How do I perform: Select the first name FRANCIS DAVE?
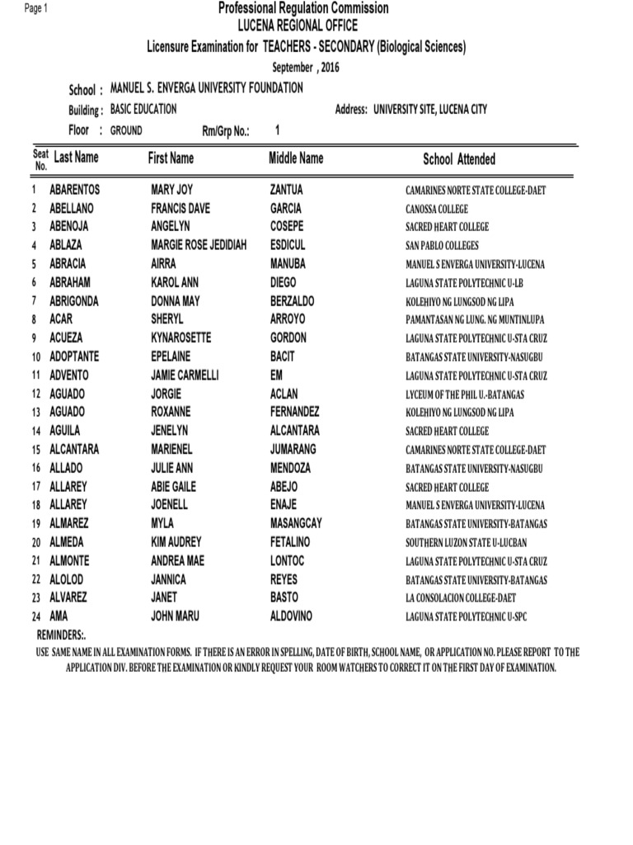[181, 209]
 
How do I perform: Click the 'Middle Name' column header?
[296, 158]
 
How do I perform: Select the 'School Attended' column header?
[459, 159]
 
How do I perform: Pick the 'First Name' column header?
[171, 158]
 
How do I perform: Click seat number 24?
[35, 616]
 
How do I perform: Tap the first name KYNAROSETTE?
[181, 338]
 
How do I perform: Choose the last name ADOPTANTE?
[74, 356]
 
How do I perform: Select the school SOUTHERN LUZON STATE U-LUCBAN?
[466, 543]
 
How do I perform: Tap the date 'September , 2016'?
[306, 67]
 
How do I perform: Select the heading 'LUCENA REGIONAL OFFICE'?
[298, 26]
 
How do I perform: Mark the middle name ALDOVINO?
[292, 616]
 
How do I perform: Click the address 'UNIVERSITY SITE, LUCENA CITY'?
[441, 109]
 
